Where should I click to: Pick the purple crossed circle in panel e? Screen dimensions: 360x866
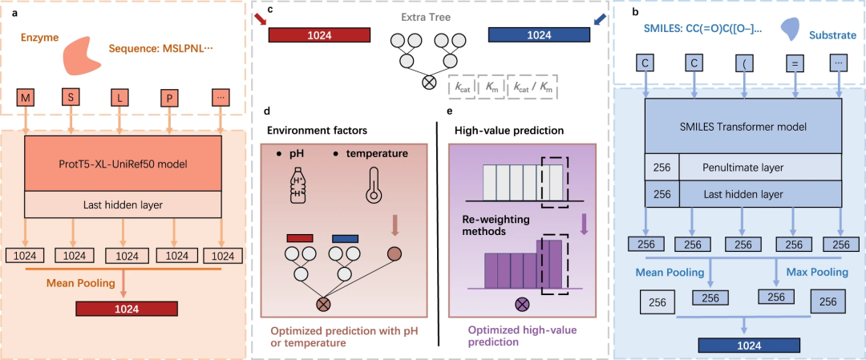pyautogui.click(x=522, y=304)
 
